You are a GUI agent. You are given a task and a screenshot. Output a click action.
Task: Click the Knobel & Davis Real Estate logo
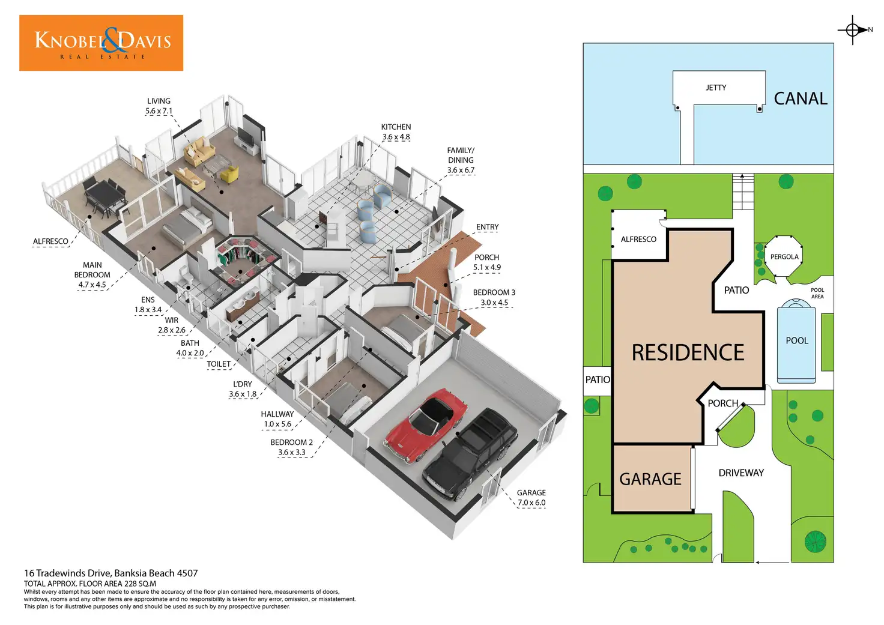pyautogui.click(x=101, y=43)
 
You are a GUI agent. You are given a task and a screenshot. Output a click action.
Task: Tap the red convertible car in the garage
pyautogui.click(x=426, y=424)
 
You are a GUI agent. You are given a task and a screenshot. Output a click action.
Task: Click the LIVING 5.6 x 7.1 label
pyautogui.click(x=159, y=106)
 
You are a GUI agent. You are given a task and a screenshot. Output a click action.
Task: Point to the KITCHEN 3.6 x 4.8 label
pyautogui.click(x=396, y=132)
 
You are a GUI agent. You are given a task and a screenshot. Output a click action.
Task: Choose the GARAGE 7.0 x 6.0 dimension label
pyautogui.click(x=531, y=498)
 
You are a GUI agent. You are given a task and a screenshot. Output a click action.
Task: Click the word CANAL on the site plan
pyautogui.click(x=801, y=98)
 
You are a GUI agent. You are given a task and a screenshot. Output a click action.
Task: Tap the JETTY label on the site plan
pyautogui.click(x=716, y=88)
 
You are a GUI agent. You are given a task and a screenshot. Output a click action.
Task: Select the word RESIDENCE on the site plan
pyautogui.click(x=688, y=352)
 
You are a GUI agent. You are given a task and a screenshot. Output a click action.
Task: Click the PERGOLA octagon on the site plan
pyautogui.click(x=784, y=257)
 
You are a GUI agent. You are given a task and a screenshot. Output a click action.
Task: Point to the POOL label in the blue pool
pyautogui.click(x=797, y=340)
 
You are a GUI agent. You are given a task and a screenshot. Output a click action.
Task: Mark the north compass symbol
pyautogui.click(x=853, y=29)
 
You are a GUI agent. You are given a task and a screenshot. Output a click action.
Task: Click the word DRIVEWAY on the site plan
pyautogui.click(x=741, y=473)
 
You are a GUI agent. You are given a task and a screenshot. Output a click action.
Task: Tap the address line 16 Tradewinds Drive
pyautogui.click(x=110, y=573)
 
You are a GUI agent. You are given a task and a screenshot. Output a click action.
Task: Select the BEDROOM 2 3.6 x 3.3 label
pyautogui.click(x=292, y=447)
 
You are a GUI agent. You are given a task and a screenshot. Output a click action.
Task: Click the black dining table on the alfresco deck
pyautogui.click(x=103, y=193)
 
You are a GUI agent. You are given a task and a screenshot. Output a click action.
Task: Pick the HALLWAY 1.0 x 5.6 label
pyautogui.click(x=277, y=419)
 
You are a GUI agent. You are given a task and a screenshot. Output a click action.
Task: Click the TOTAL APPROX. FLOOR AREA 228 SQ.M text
pyautogui.click(x=90, y=584)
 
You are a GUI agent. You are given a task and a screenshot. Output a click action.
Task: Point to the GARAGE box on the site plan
pyautogui.click(x=651, y=479)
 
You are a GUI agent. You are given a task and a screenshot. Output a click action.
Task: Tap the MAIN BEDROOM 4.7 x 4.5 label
pyautogui.click(x=92, y=275)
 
